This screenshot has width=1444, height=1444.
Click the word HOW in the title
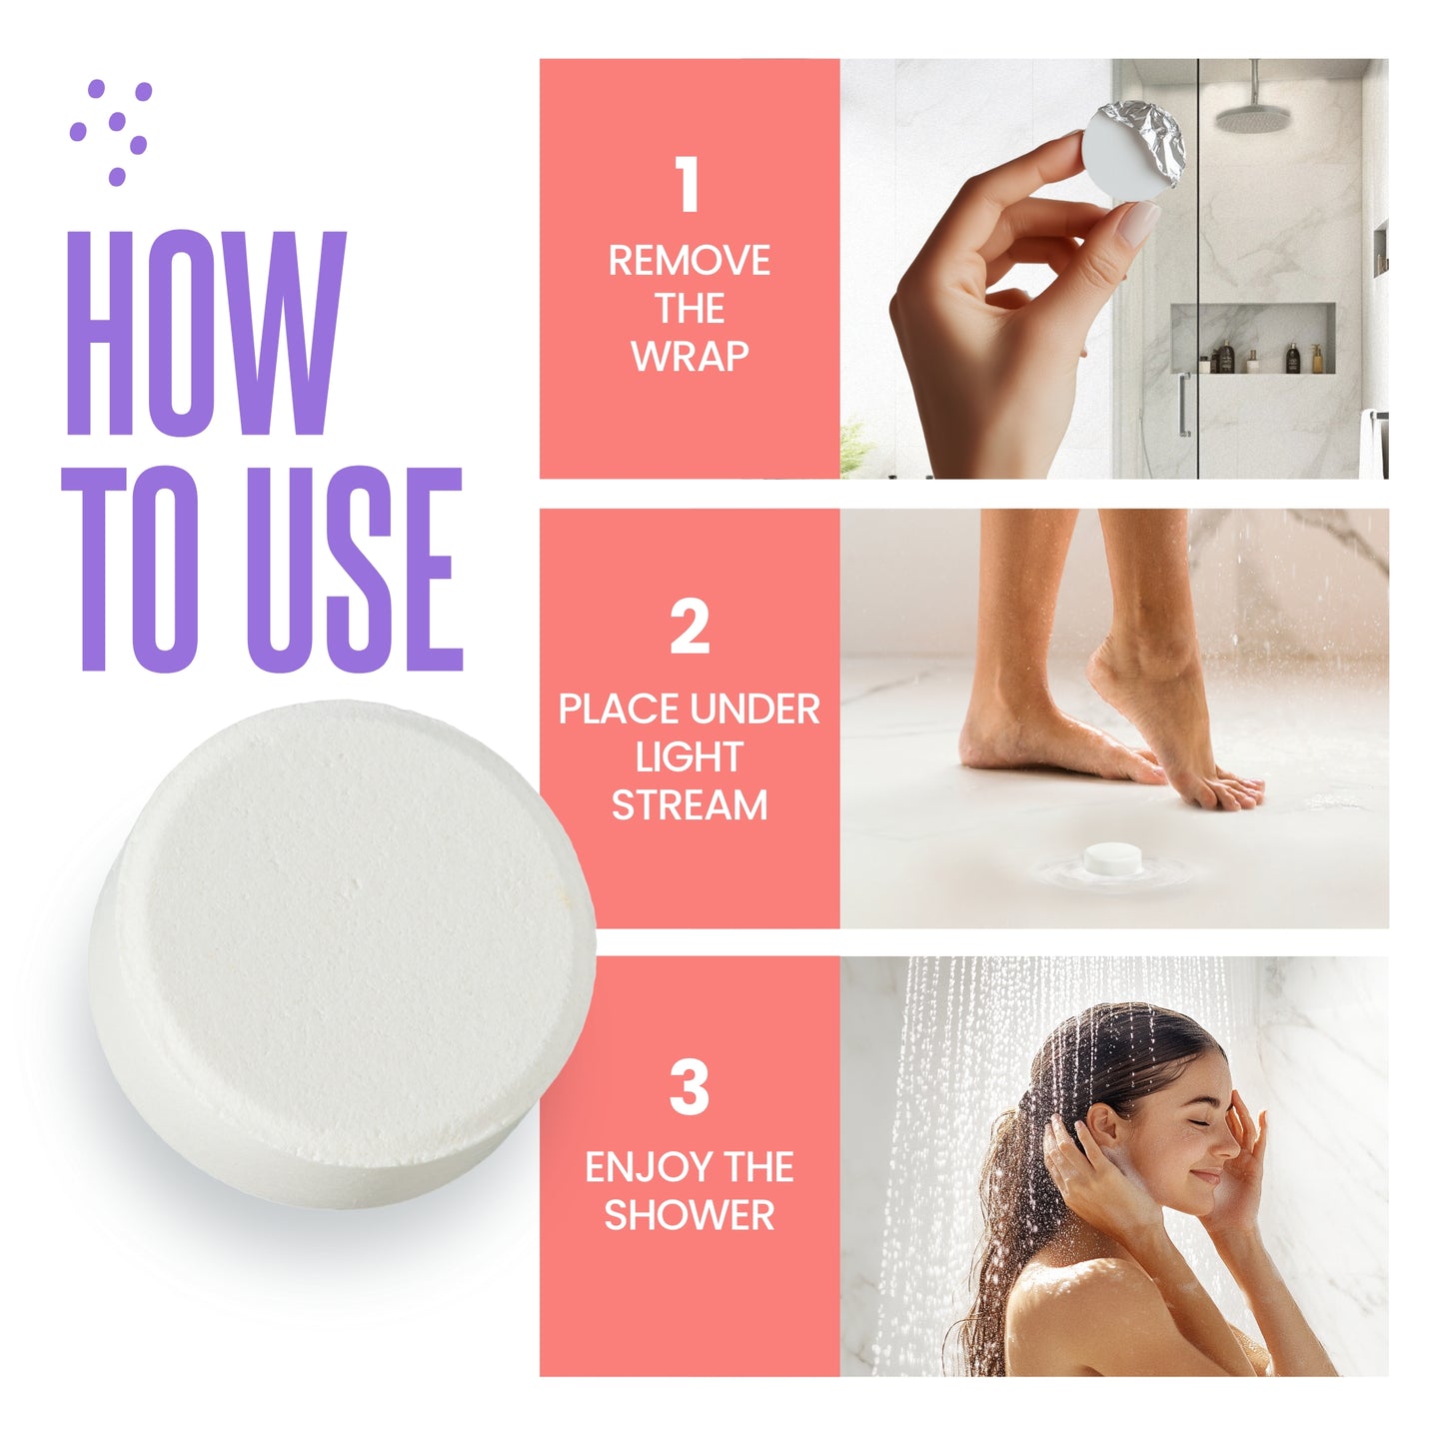coord(207,333)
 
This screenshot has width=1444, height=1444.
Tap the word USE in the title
coord(355,569)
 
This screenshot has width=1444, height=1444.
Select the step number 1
coord(688,184)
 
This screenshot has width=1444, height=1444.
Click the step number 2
coord(690,626)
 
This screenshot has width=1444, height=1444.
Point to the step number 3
coord(689,1086)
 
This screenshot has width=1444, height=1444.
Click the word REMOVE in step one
coord(690,260)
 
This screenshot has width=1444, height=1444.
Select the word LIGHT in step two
coord(690,756)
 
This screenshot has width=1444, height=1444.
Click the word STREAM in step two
coord(690,804)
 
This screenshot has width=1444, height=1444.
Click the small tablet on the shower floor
coord(1113,858)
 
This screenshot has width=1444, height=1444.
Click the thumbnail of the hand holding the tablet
coord(1136,223)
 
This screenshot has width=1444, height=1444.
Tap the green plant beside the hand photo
coord(855,448)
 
